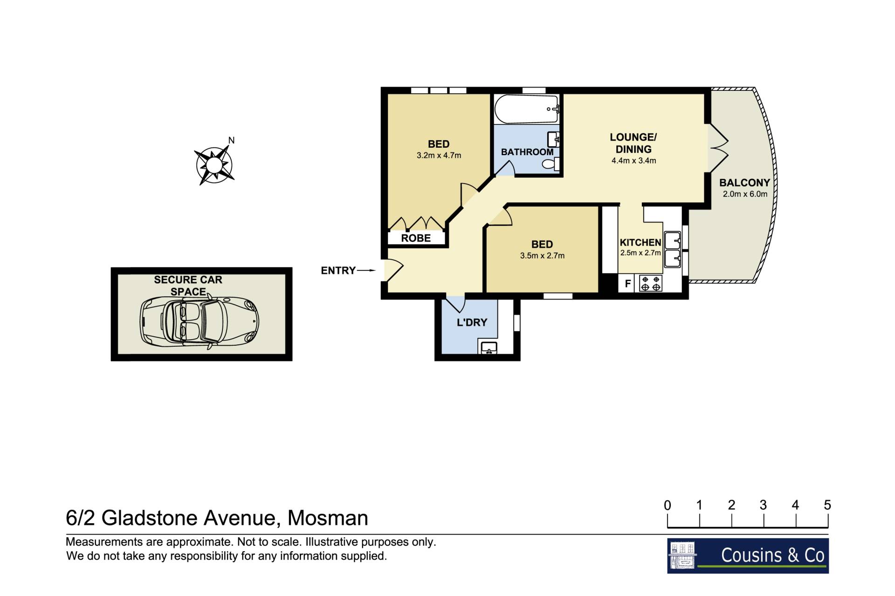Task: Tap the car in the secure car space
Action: [200, 321]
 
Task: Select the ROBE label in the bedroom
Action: [416, 238]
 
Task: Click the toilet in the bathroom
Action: [551, 164]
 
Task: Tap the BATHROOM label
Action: [527, 152]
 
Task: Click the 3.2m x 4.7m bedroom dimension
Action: [439, 156]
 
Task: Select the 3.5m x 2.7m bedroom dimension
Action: [542, 256]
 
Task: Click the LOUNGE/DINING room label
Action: [633, 143]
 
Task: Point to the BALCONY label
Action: [744, 183]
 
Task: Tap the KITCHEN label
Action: [640, 242]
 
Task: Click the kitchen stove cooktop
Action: [650, 283]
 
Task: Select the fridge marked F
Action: [628, 283]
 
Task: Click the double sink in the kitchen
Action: [672, 250]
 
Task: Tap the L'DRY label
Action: [472, 322]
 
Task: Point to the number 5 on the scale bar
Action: [827, 505]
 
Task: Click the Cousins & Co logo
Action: [748, 555]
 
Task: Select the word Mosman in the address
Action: [328, 518]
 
